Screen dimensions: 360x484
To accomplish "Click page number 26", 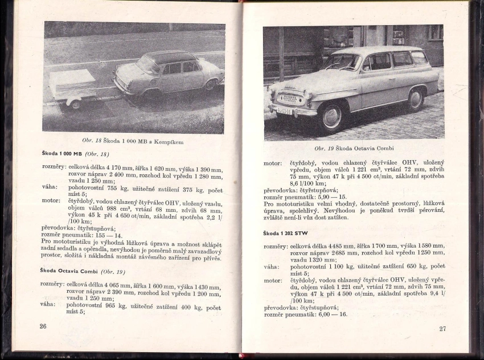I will [x=43, y=326].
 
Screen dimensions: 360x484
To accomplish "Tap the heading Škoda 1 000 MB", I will [x=61, y=154].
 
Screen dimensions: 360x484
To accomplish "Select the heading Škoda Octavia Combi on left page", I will [x=69, y=271].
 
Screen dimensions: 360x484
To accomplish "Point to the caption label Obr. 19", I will [x=324, y=149].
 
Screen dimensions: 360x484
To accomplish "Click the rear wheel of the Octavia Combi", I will [x=415, y=99].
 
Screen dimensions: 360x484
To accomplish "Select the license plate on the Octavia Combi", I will [x=284, y=112].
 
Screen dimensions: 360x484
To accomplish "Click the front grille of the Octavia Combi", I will [x=290, y=98].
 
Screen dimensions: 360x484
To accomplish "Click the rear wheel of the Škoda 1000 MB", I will [x=210, y=85].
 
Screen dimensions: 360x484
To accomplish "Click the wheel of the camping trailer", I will [x=76, y=104].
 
